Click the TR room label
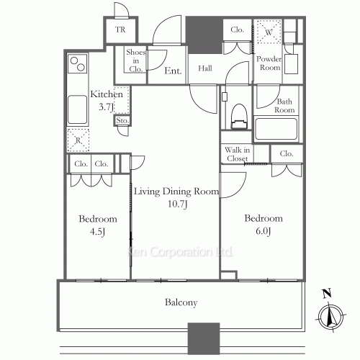tap(120, 30)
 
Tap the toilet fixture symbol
tap(239, 117)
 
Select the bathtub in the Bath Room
tap(276, 129)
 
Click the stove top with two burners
tap(78, 64)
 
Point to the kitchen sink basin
tap(77, 109)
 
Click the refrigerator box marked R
tap(78, 140)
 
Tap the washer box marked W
tap(269, 32)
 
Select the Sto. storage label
tap(122, 120)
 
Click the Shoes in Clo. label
tap(136, 60)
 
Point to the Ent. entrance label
tap(173, 71)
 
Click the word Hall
tap(205, 68)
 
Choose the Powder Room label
tap(269, 63)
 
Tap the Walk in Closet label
tap(238, 154)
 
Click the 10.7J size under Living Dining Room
tap(177, 204)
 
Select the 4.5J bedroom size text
tap(97, 232)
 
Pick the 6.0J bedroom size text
tap(264, 231)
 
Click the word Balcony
tap(181, 302)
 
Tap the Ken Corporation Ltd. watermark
tap(180, 252)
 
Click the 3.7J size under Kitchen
tap(107, 107)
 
